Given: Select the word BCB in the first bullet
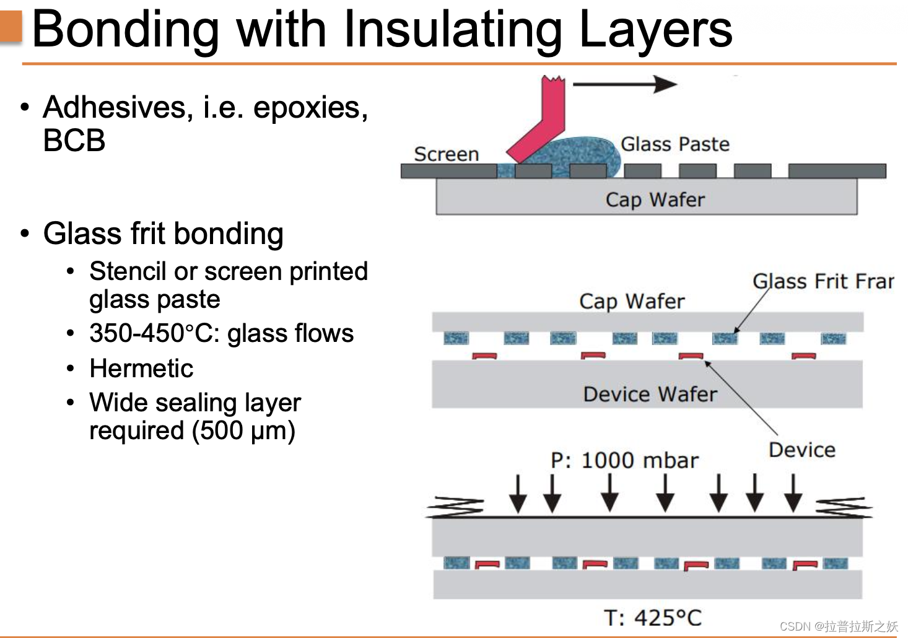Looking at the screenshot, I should pos(74,140).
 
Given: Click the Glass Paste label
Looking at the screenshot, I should pos(675,144).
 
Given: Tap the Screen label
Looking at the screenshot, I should pos(446,154).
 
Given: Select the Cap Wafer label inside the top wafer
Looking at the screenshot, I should pos(655,199).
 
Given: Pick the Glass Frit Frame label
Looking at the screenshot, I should pos(823,281).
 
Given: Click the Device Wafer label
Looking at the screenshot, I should pos(650,394).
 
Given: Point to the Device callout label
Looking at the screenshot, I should pos(801,450).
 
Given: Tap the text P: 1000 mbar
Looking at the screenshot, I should pos(624,460).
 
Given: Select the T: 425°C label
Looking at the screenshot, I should pos(652,618).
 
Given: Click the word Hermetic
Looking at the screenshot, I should pos(141,369).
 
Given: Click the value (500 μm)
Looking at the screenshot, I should pos(243,430).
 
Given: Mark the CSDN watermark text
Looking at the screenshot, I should pos(839,626).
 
